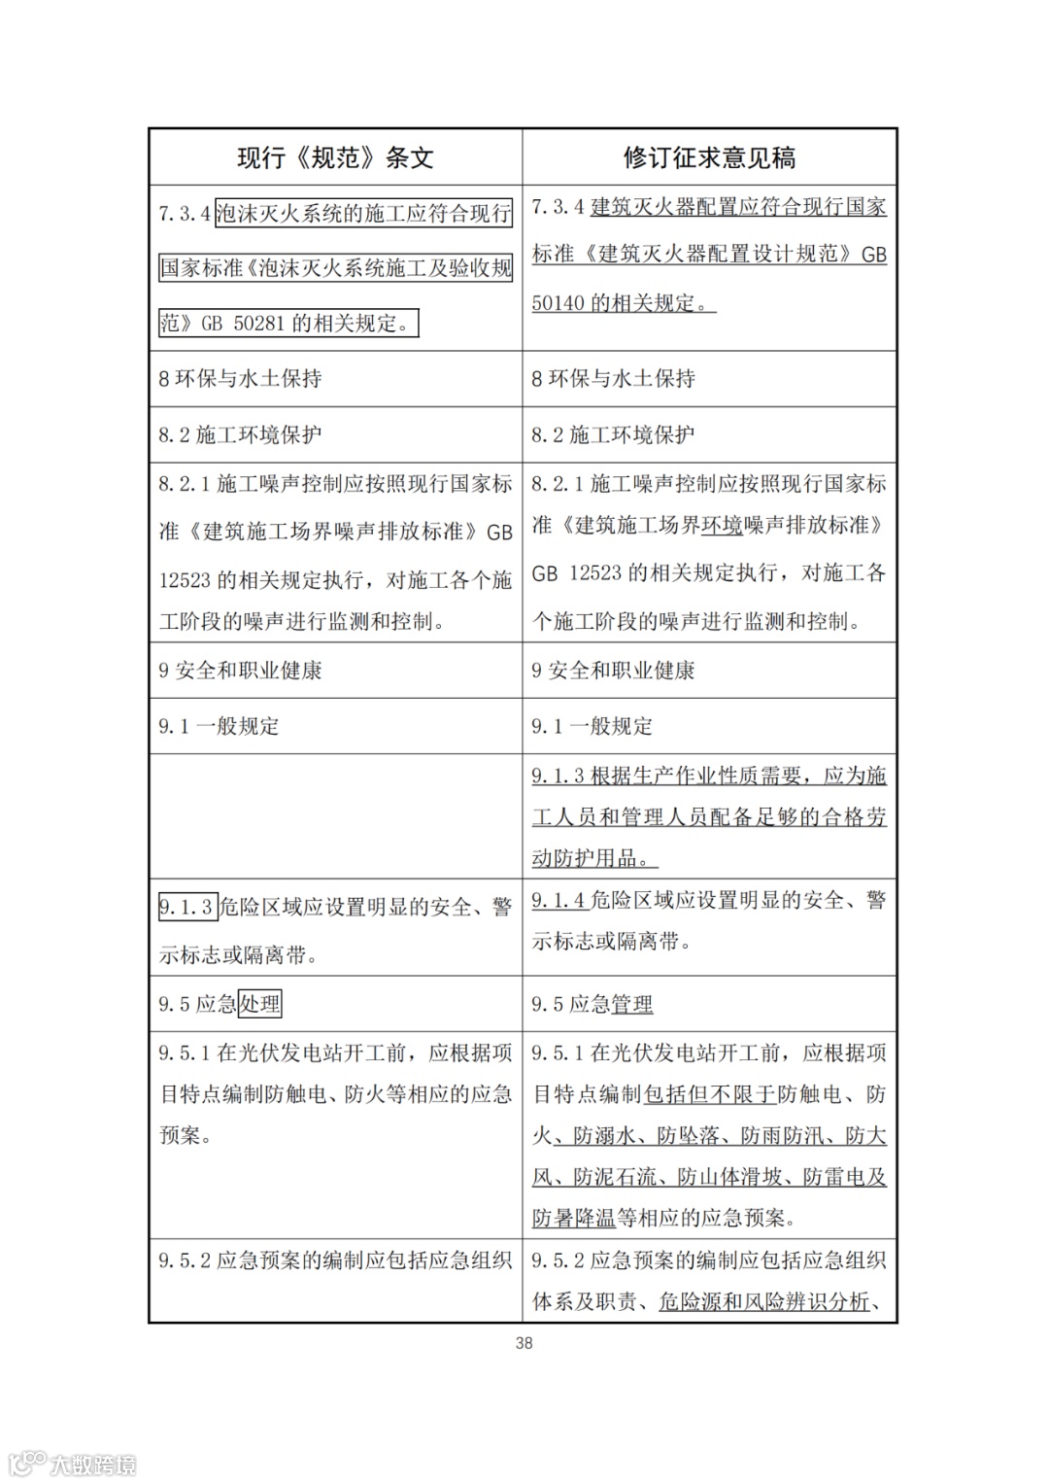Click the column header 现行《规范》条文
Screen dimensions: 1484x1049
pos(335,157)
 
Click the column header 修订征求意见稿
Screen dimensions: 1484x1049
pos(709,157)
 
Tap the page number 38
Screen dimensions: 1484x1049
pos(524,1343)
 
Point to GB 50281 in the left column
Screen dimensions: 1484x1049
pos(243,324)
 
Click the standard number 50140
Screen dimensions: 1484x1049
pos(557,302)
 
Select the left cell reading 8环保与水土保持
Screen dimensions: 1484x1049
pos(240,379)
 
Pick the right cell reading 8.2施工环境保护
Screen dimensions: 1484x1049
pos(613,434)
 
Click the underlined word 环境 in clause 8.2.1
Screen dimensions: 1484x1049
pos(722,526)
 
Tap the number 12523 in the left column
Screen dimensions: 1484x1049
pos(185,580)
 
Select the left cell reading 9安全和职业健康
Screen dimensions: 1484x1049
pos(240,671)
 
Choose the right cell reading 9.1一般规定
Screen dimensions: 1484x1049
pos(592,726)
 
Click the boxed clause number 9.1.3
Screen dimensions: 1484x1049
pos(186,908)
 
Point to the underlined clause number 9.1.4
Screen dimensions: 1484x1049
pos(558,901)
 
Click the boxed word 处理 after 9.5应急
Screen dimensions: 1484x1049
pos(260,1004)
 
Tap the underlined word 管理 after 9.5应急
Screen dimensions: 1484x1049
pos(632,1004)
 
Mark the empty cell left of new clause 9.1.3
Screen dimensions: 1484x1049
pos(335,816)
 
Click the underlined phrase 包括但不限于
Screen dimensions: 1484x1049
pos(710,1094)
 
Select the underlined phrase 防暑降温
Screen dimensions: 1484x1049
pos(574,1218)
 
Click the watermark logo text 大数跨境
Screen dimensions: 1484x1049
pos(92,1464)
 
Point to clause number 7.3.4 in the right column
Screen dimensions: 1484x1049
pos(558,207)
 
